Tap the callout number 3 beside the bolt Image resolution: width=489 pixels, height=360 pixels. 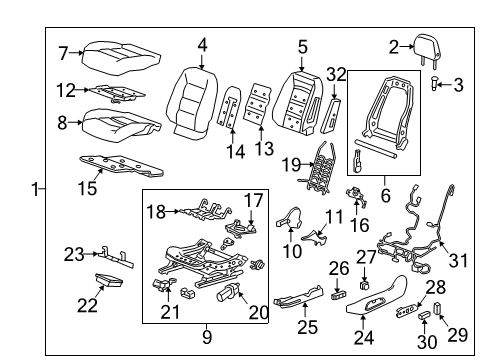(458, 85)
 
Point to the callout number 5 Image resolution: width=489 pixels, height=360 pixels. (302, 45)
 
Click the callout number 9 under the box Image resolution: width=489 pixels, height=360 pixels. (207, 337)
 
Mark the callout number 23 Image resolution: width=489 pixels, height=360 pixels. (73, 253)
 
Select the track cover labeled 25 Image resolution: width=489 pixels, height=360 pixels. (300, 298)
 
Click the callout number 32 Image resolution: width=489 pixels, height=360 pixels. (336, 72)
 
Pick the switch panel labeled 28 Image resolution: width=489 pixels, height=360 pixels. (410, 312)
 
